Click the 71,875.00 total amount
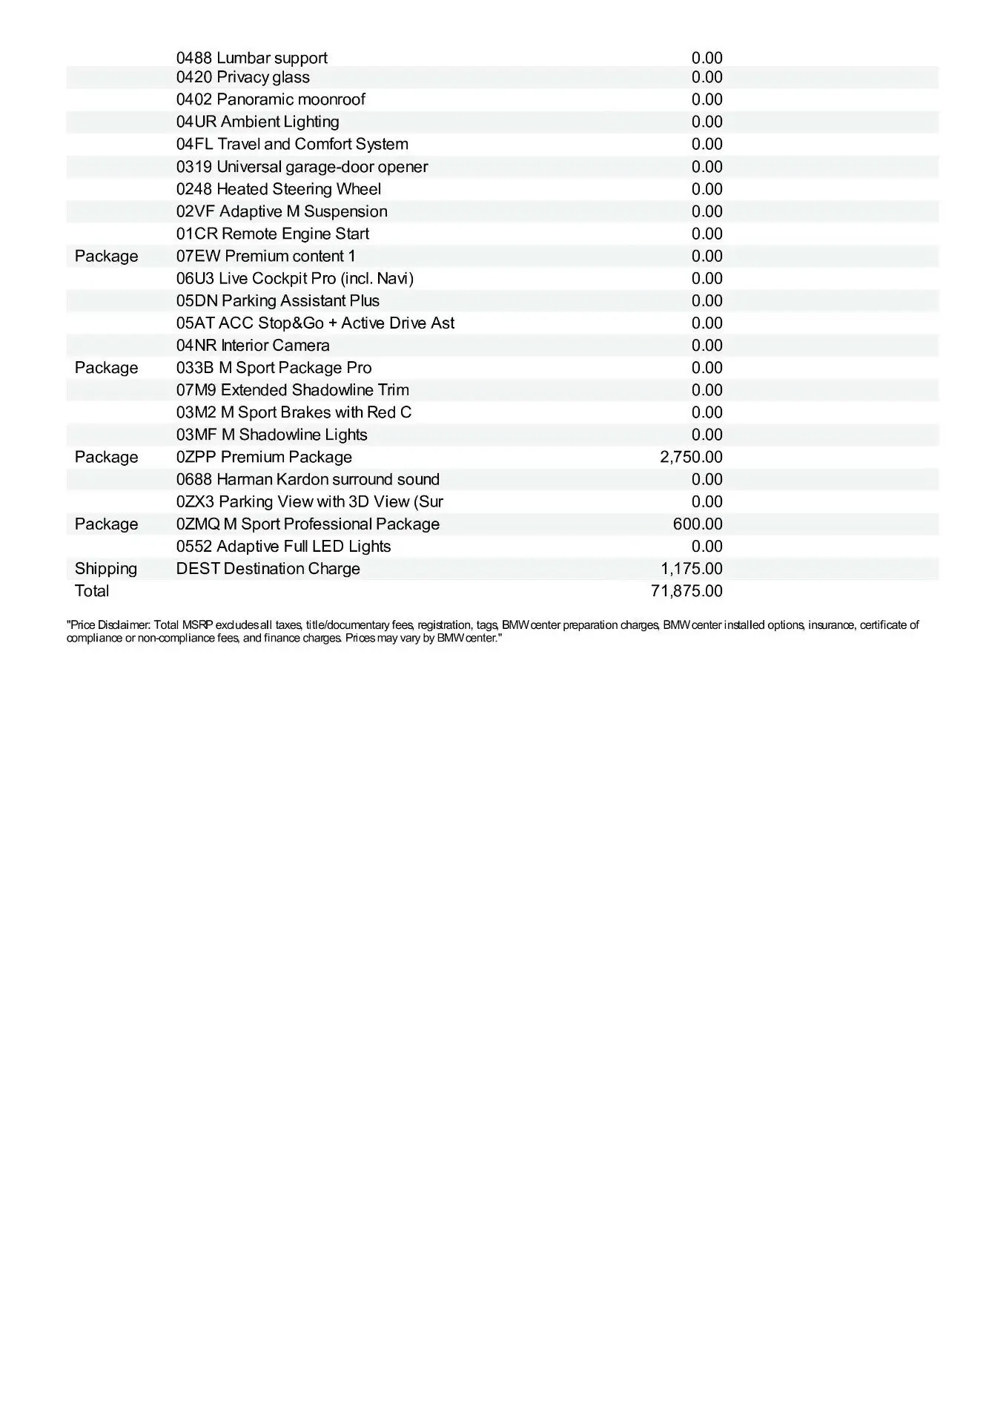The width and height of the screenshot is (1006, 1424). click(686, 591)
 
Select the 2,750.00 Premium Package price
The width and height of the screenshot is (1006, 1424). click(691, 457)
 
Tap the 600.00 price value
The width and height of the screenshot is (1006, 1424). click(698, 524)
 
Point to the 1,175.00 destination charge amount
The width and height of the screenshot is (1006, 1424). click(692, 569)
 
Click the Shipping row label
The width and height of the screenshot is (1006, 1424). click(106, 569)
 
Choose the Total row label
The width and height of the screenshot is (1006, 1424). click(92, 591)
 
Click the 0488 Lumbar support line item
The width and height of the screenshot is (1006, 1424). click(251, 58)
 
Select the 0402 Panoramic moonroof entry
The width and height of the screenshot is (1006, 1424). click(271, 99)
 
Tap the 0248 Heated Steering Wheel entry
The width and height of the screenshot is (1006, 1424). click(279, 189)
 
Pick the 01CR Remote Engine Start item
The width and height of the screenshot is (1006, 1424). click(273, 234)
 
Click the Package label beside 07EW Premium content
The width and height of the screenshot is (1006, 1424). click(106, 256)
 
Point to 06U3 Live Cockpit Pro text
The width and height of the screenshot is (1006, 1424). click(295, 278)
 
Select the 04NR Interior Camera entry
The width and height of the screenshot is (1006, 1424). click(253, 345)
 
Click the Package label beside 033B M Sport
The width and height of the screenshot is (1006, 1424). click(106, 368)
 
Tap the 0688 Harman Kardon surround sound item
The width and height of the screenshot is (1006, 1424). click(308, 479)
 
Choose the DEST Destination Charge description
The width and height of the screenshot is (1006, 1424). click(268, 569)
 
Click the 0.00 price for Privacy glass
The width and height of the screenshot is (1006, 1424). click(706, 77)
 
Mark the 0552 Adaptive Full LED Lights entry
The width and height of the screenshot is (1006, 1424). click(283, 547)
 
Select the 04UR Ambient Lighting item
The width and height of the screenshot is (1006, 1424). click(257, 122)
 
